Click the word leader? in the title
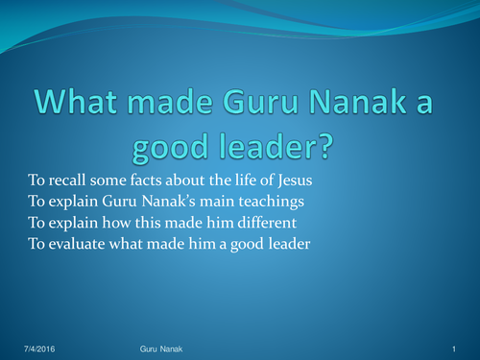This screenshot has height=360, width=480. [277, 148]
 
